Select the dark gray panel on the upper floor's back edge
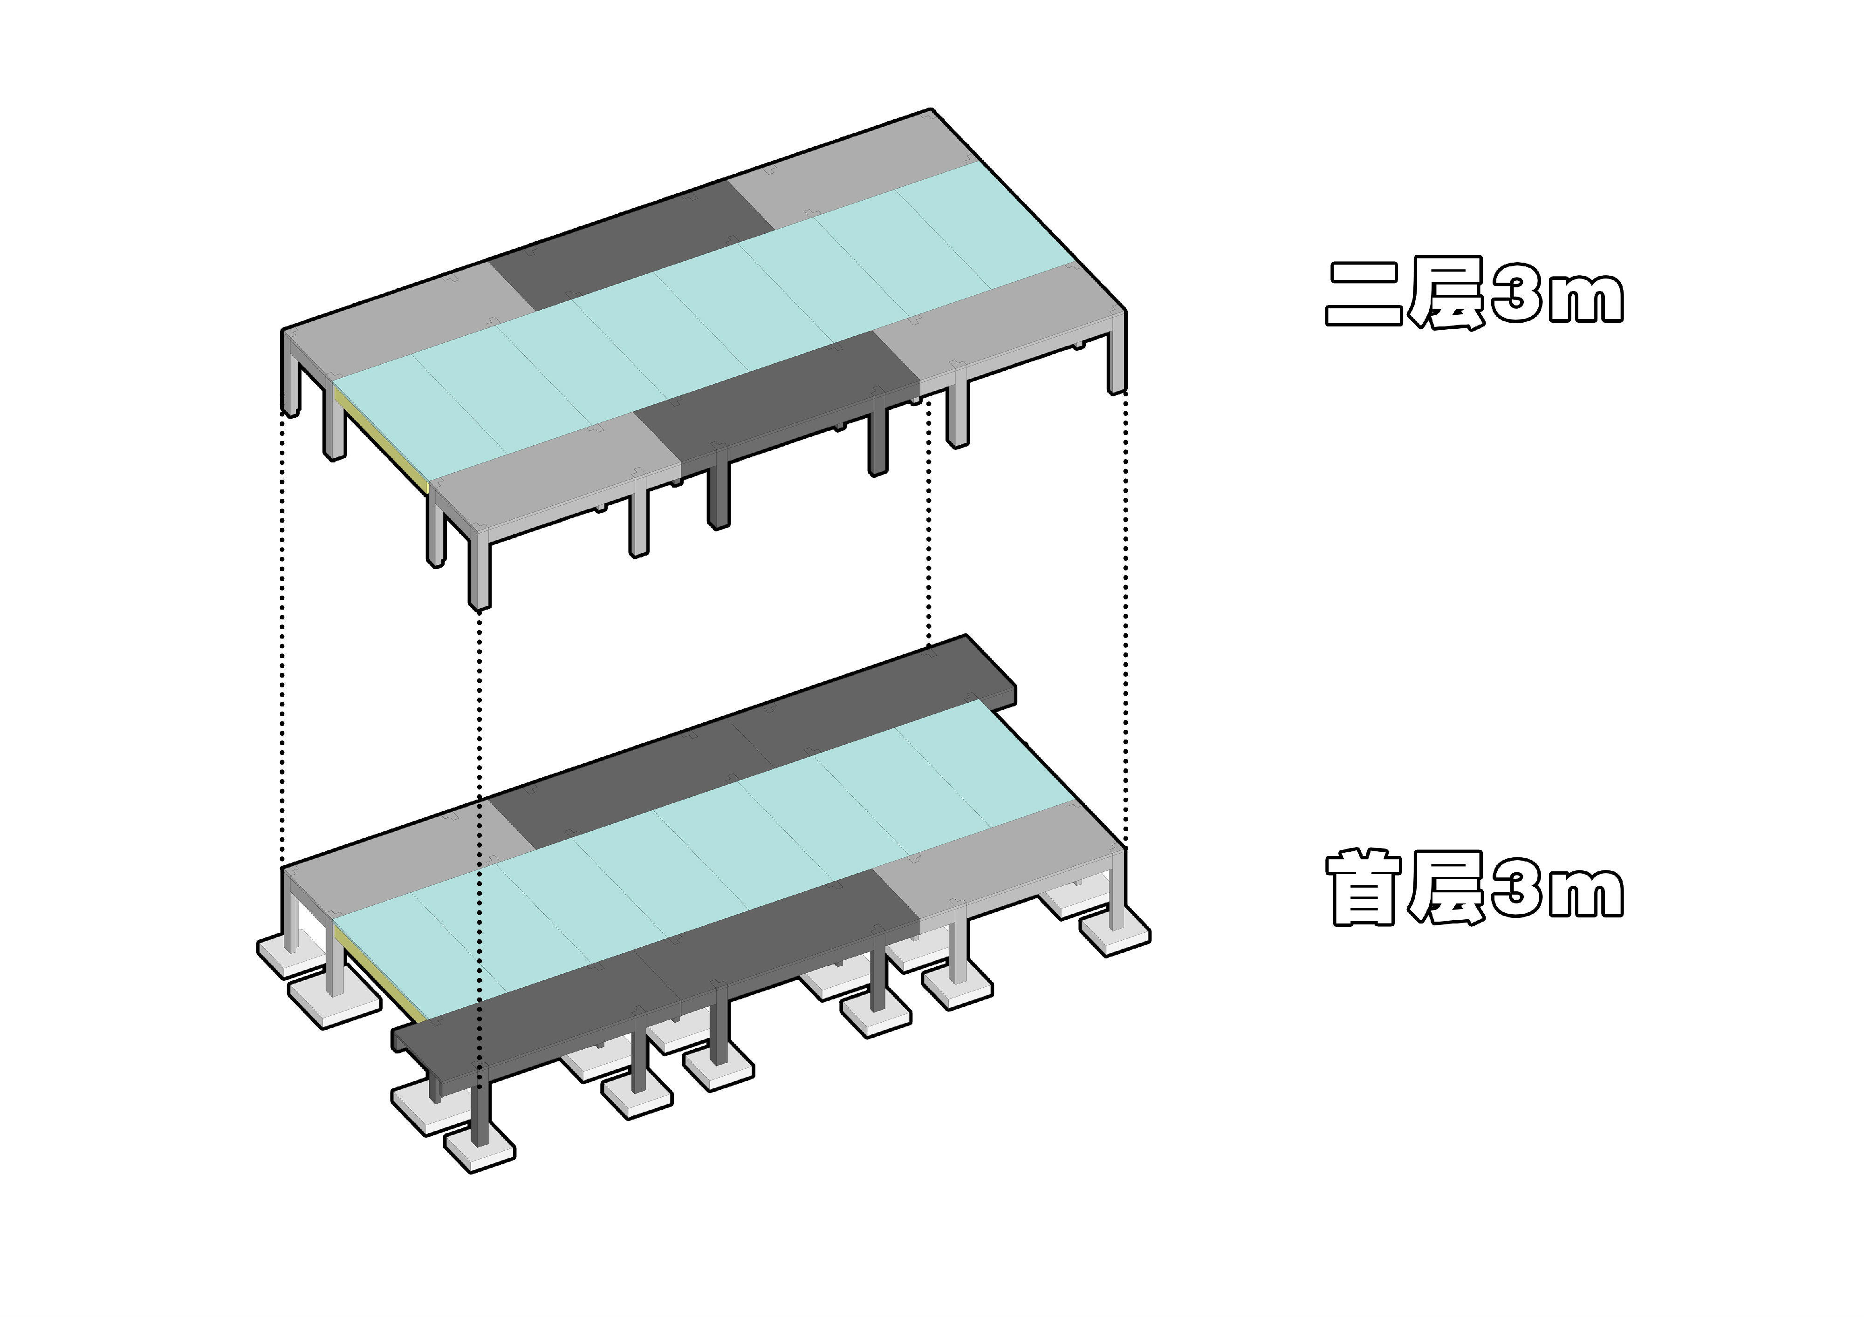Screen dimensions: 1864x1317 tap(633, 245)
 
